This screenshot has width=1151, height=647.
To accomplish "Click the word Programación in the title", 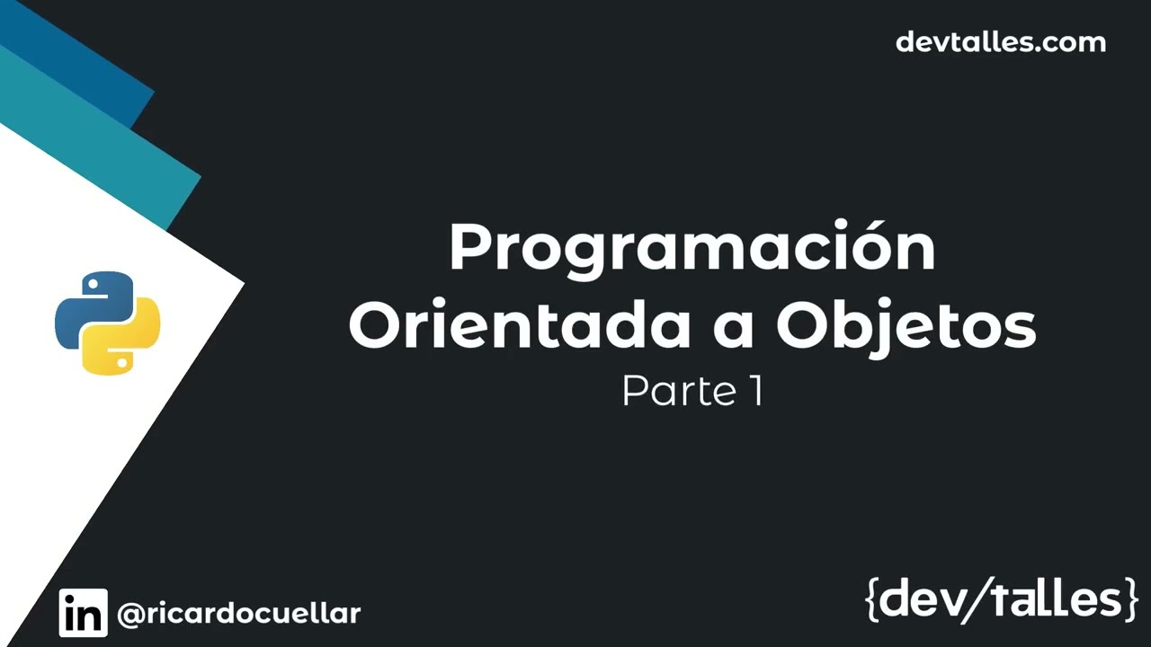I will point(691,250).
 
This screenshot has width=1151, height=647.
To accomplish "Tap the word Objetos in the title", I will point(906,327).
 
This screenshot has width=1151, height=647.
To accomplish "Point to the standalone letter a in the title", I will point(733,331).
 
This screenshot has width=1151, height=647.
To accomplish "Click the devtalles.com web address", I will point(1000,42).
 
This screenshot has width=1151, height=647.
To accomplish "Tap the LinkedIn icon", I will point(83,613).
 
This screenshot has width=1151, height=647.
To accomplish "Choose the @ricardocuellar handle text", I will point(239,614).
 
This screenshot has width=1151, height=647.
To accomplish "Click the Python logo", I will point(107,323).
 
